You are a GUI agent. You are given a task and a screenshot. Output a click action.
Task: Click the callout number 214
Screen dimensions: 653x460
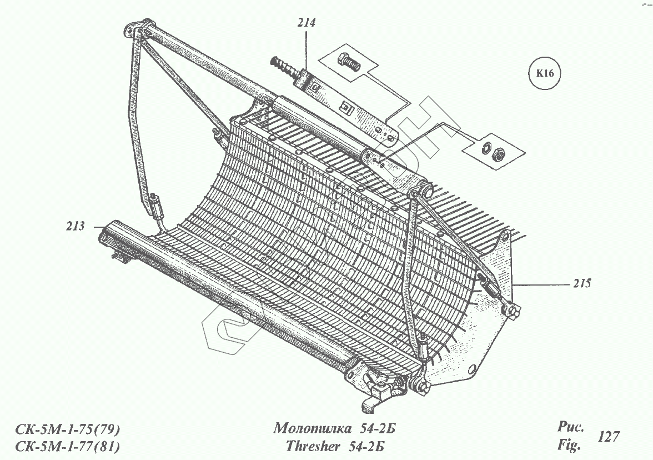click(x=306, y=23)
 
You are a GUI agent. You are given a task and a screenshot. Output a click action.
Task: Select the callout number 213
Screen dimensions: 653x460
click(x=75, y=226)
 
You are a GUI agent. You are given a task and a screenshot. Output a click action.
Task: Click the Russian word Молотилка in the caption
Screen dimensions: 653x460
click(x=312, y=429)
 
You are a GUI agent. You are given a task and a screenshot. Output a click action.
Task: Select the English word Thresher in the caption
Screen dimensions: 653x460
click(x=312, y=446)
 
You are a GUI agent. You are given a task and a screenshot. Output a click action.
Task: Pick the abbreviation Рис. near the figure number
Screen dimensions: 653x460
click(x=570, y=428)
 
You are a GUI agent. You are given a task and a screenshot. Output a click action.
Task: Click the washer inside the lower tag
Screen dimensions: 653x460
click(x=486, y=147)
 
